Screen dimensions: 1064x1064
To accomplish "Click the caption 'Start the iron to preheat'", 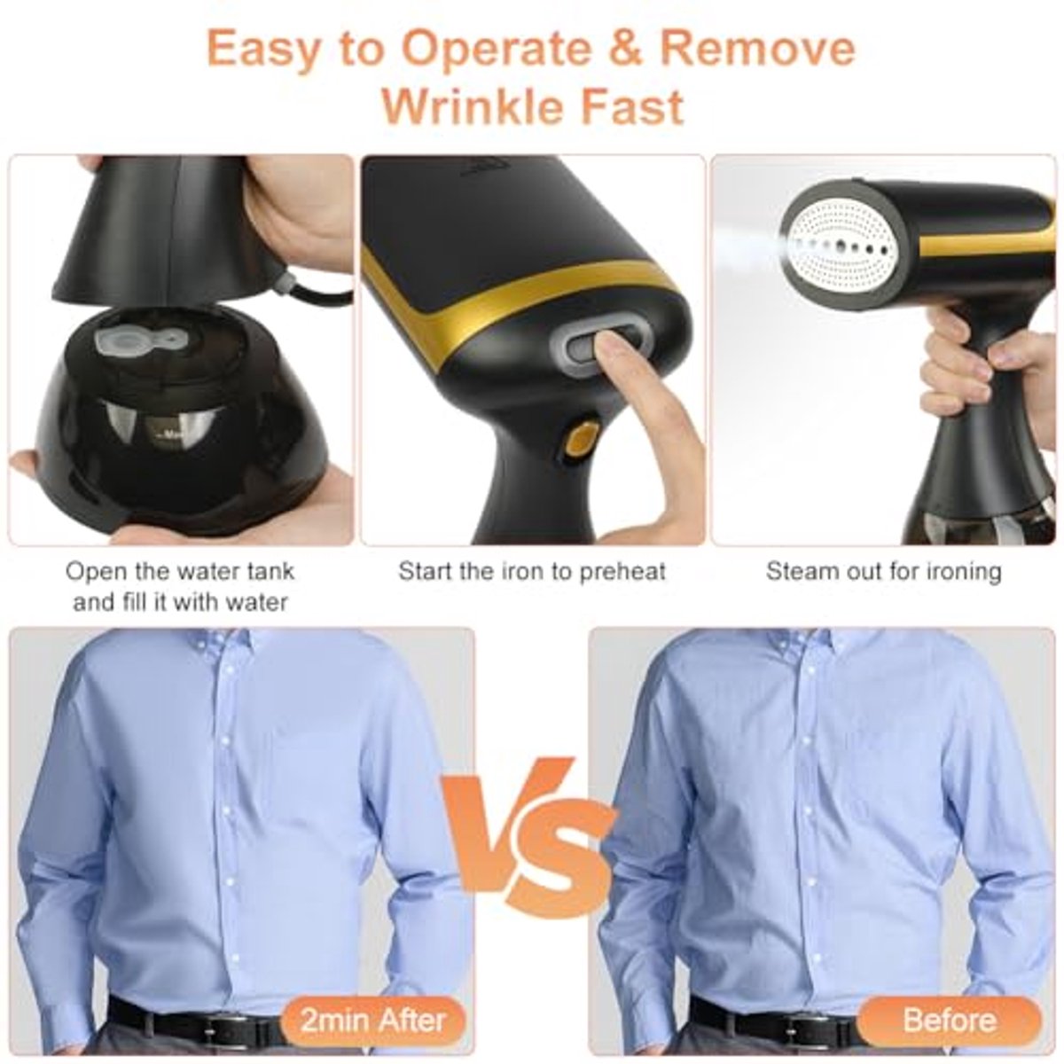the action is [x=532, y=572].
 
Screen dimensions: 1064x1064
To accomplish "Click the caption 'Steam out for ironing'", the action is [x=883, y=572].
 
